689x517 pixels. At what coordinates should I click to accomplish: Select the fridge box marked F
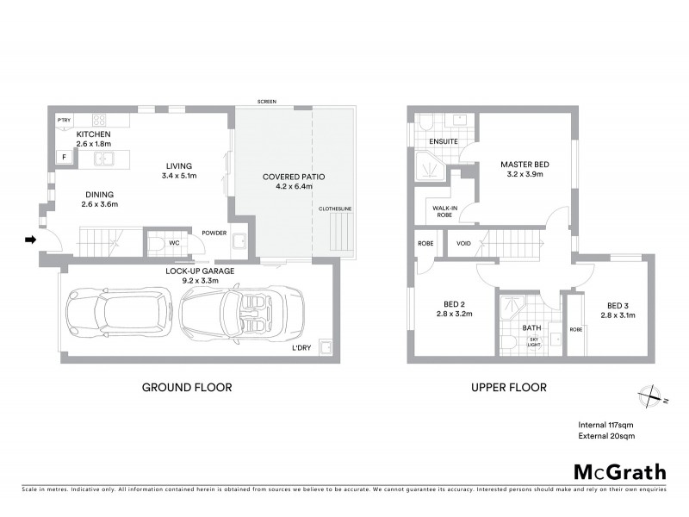click(63, 157)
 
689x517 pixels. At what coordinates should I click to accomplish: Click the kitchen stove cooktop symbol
click(99, 120)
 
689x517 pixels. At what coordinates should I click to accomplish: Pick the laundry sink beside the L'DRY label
click(326, 346)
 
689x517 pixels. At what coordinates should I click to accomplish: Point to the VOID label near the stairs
click(463, 243)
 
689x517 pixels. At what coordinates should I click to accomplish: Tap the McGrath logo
click(619, 471)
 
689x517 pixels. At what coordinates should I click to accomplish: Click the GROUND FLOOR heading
click(186, 388)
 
